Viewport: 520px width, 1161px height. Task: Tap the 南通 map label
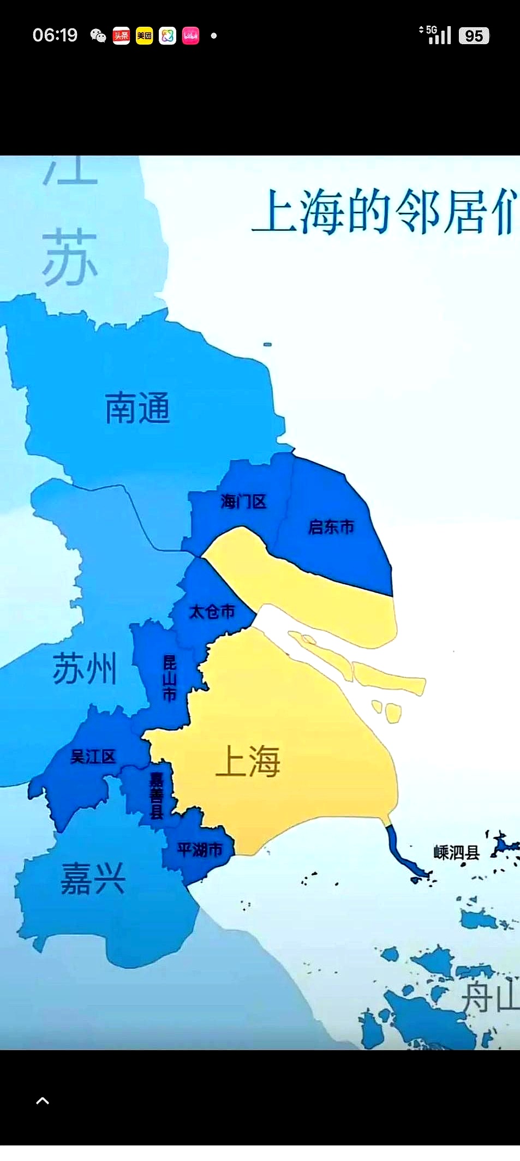tap(138, 408)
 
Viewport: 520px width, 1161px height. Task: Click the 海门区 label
tap(243, 501)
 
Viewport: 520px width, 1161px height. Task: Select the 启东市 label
tap(331, 527)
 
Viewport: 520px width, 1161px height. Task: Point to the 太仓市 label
tap(212, 612)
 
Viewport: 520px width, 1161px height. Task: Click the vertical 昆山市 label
tap(170, 678)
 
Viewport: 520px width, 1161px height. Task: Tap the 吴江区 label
tap(93, 757)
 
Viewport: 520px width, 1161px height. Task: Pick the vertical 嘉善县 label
tap(157, 796)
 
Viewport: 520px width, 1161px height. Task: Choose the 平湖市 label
tap(200, 849)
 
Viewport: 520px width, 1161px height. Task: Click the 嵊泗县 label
tap(456, 852)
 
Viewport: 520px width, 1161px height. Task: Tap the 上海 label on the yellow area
tap(248, 761)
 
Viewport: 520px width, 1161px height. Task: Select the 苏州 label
tap(85, 669)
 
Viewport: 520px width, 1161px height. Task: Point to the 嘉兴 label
tap(93, 878)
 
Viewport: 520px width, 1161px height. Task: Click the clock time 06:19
tap(55, 35)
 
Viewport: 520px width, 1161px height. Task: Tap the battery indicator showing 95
tap(474, 36)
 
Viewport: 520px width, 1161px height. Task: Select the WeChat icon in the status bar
tap(98, 36)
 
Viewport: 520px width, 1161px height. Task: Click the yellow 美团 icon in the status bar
tap(145, 36)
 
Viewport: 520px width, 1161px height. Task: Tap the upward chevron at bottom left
tap(43, 1101)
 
